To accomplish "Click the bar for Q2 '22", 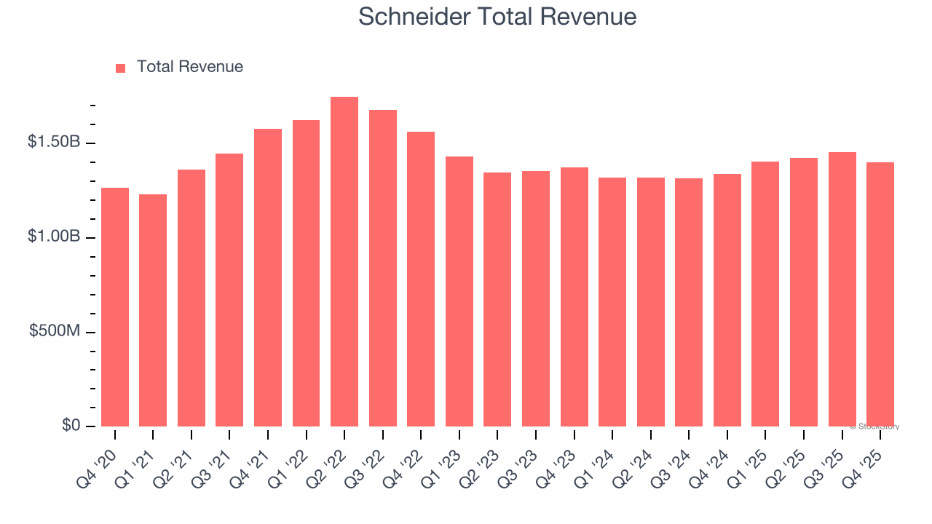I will (x=344, y=262).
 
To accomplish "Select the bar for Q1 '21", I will (x=153, y=311).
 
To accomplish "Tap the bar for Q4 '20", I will (x=115, y=307).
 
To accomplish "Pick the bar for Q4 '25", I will (x=880, y=295).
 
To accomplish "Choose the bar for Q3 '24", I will (x=689, y=303).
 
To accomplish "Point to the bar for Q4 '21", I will (x=268, y=278).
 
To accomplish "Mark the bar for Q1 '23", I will (x=459, y=292).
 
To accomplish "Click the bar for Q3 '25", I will (x=842, y=290).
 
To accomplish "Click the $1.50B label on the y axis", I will (x=54, y=142).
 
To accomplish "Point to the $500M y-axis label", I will (x=55, y=331).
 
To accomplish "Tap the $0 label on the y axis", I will (x=71, y=425).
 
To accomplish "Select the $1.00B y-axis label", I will (x=54, y=237).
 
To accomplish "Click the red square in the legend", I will (x=121, y=68).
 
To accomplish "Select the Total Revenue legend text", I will (x=190, y=67).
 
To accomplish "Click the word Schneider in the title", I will (x=415, y=17).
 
